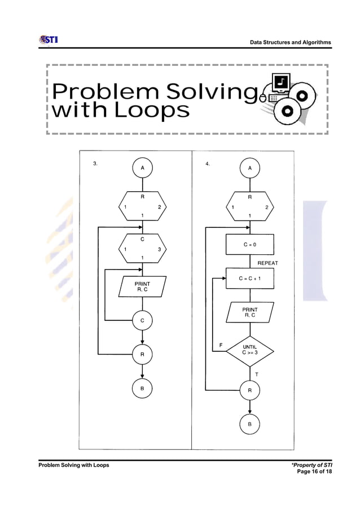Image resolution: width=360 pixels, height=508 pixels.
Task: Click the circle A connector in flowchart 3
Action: pyautogui.click(x=142, y=167)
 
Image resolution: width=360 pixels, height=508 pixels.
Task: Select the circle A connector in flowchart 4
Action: pyautogui.click(x=249, y=167)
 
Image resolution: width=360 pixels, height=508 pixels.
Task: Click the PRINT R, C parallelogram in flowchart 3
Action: pyautogui.click(x=142, y=286)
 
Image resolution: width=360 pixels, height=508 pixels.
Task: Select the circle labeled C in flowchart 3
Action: pyautogui.click(x=142, y=320)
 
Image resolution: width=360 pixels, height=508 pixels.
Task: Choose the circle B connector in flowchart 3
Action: pyautogui.click(x=142, y=388)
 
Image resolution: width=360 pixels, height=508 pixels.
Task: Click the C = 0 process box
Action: pyautogui.click(x=249, y=245)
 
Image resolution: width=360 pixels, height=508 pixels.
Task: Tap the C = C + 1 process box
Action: pyautogui.click(x=249, y=278)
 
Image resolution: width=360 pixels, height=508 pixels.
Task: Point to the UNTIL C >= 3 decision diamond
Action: pyautogui.click(x=249, y=350)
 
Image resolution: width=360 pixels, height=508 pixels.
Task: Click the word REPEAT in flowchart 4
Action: pyautogui.click(x=267, y=263)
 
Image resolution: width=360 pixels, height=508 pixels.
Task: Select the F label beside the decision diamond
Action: pyautogui.click(x=221, y=345)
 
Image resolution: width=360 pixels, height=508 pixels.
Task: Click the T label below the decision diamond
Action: pyautogui.click(x=257, y=374)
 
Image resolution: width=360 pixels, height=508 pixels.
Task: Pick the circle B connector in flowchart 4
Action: pyautogui.click(x=249, y=423)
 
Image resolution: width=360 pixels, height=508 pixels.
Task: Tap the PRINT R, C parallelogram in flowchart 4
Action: pyautogui.click(x=249, y=312)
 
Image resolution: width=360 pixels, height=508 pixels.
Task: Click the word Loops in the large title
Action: pyautogui.click(x=152, y=110)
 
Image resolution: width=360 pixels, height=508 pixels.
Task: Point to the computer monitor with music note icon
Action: pyautogui.click(x=280, y=83)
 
